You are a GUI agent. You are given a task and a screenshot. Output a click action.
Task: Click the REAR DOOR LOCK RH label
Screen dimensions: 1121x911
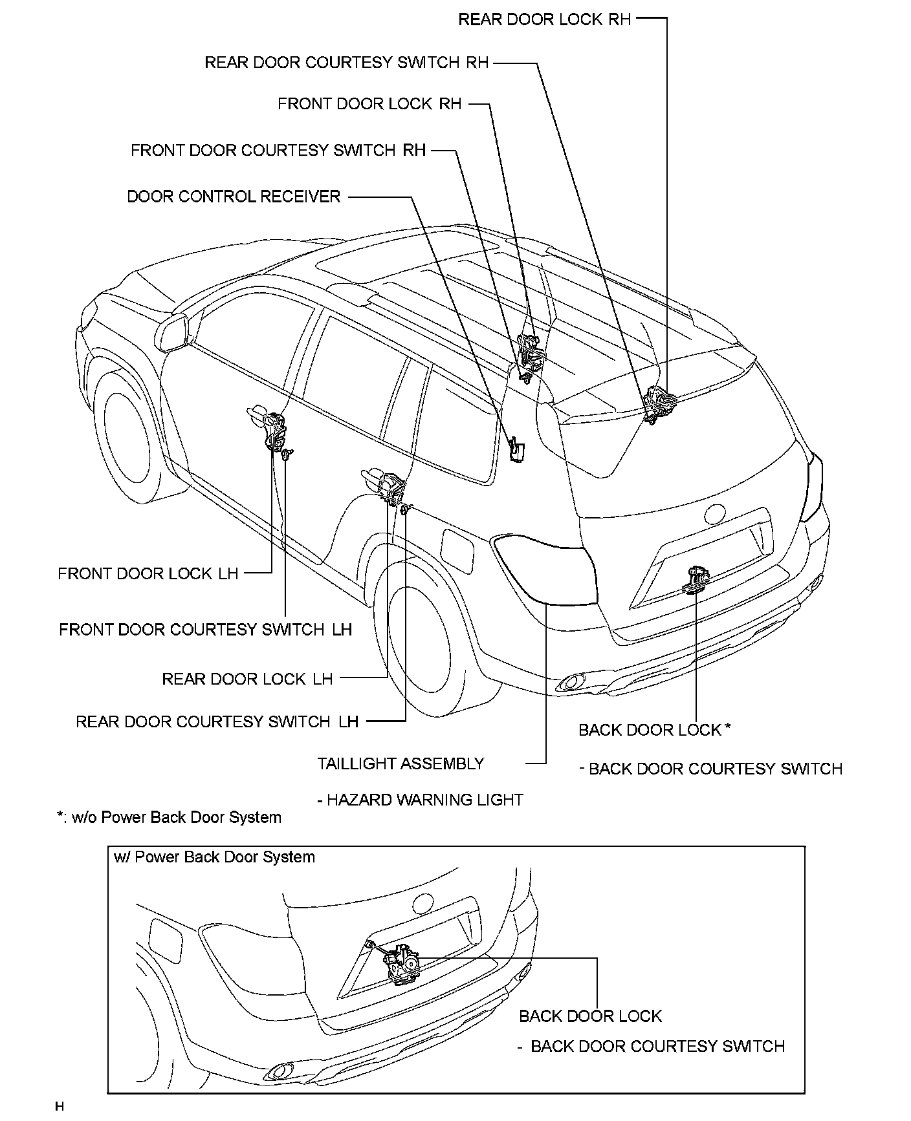(544, 19)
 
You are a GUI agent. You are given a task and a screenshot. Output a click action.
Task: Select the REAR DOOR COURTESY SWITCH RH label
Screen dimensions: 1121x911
(347, 63)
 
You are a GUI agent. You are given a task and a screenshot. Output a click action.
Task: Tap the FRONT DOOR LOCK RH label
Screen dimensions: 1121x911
(369, 104)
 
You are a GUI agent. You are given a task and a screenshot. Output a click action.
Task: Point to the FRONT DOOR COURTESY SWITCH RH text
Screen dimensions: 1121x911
(278, 151)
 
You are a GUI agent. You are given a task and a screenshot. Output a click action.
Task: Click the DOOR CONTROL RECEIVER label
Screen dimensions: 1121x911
(234, 197)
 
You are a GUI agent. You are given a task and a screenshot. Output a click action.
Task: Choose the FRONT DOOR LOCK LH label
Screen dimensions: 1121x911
(148, 573)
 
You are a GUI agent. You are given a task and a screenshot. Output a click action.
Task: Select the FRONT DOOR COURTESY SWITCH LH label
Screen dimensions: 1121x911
(205, 629)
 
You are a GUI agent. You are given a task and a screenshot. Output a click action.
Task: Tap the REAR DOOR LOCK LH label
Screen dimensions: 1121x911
(247, 679)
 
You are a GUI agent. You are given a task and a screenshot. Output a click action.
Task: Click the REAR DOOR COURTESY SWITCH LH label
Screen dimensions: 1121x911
(217, 721)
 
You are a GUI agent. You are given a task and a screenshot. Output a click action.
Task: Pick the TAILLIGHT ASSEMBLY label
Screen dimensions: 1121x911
(401, 763)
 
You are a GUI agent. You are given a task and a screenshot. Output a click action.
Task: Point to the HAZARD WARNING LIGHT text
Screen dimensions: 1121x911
(421, 800)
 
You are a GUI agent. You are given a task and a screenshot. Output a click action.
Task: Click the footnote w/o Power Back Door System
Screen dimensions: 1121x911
(170, 817)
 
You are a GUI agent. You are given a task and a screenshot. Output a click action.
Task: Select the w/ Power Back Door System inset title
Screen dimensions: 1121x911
(214, 857)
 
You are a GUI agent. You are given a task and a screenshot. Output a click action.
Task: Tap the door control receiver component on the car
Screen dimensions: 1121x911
(518, 449)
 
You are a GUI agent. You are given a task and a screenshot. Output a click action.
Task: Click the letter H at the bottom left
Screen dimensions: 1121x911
(60, 1106)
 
